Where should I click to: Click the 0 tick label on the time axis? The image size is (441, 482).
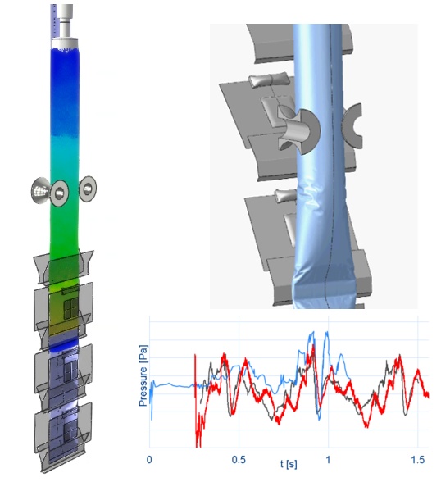tap(149, 460)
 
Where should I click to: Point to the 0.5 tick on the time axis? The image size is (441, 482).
tap(239, 460)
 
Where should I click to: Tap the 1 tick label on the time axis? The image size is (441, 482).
tap(328, 460)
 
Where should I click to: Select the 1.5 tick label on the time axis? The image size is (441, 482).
tap(418, 460)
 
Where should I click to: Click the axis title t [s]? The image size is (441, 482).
tap(289, 464)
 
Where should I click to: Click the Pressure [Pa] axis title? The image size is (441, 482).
tap(143, 375)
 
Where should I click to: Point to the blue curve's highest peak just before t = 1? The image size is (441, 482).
tap(313, 333)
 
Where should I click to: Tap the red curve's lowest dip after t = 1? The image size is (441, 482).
tap(366, 426)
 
